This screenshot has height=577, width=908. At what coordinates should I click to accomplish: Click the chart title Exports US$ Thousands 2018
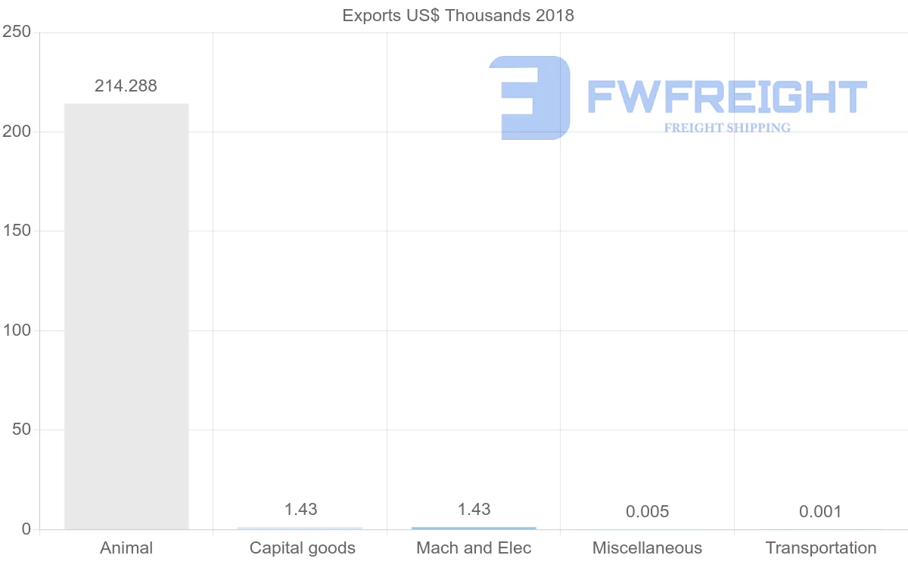click(458, 15)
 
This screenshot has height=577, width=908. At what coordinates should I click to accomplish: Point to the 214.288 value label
click(126, 86)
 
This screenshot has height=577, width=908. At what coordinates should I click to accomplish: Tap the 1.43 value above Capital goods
click(300, 510)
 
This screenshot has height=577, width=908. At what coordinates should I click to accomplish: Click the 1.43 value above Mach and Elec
click(474, 510)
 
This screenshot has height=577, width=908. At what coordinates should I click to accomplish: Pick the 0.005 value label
click(647, 512)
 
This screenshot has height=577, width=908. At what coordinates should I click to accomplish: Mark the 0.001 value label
click(820, 512)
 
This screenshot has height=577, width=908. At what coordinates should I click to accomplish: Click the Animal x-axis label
click(126, 548)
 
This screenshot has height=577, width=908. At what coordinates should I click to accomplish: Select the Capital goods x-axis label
click(302, 548)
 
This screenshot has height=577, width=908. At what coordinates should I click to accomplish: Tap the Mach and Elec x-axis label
click(474, 548)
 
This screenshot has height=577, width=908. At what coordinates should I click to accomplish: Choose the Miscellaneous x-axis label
click(647, 548)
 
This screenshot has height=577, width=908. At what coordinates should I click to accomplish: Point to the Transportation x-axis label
click(821, 548)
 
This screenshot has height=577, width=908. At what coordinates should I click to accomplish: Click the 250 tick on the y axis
click(16, 32)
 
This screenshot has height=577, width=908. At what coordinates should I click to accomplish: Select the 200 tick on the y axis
click(16, 132)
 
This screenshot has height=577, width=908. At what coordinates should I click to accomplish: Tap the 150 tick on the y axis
click(16, 231)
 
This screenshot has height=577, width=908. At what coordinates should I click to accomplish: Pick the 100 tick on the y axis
click(16, 330)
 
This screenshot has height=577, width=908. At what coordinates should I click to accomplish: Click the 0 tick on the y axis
click(26, 529)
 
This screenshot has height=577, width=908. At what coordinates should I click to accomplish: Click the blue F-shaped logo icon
click(530, 98)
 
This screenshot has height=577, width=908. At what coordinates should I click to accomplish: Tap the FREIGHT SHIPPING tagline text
click(727, 128)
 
